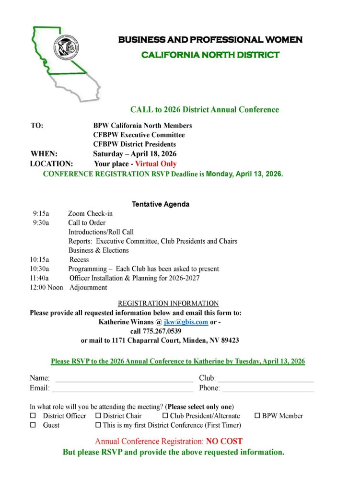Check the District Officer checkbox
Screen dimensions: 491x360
[33, 416]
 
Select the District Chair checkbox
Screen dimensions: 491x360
[98, 416]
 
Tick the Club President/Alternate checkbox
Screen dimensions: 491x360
[165, 416]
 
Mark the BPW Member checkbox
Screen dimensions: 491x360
[257, 416]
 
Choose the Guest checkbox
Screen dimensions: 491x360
[33, 425]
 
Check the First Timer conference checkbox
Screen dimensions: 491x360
[98, 425]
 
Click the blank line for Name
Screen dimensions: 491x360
[124, 380]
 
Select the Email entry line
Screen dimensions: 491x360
[122, 390]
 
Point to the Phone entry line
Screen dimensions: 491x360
[268, 390]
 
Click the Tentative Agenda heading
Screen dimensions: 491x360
[161, 204]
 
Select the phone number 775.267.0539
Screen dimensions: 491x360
[162, 331]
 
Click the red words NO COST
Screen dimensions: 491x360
[224, 441]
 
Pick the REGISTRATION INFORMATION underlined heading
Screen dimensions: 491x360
[168, 304]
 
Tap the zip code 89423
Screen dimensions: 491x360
[229, 340]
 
